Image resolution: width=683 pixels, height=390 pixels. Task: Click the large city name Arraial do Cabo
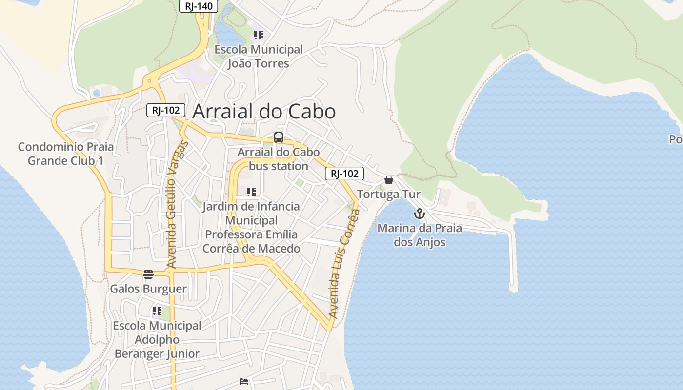point(264,112)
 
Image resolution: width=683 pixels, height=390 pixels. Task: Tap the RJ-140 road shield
point(198,6)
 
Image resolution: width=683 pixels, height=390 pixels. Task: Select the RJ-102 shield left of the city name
point(166,110)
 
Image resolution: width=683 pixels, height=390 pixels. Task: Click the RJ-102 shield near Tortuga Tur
point(344,174)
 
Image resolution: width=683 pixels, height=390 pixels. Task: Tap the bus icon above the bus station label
point(279,137)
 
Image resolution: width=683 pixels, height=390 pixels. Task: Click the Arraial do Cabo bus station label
point(279,159)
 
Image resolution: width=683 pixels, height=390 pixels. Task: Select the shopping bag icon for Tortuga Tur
point(389,180)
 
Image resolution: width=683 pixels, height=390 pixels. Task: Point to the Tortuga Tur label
point(389,195)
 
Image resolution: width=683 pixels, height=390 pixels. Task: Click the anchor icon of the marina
point(420,214)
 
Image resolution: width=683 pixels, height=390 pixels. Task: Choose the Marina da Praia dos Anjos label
point(420,235)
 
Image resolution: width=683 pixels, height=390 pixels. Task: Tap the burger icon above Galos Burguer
point(148,274)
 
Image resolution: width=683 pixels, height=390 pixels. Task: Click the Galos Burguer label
point(148,289)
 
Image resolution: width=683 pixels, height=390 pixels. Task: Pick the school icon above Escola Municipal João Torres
point(259,35)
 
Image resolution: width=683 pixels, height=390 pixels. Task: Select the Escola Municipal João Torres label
point(259,57)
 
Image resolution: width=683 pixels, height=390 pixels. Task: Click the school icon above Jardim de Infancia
point(251,192)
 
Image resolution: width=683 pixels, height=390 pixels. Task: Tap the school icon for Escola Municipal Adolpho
point(157,311)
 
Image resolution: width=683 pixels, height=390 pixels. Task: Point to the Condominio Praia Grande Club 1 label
point(65,154)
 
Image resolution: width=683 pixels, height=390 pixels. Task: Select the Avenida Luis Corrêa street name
point(344,263)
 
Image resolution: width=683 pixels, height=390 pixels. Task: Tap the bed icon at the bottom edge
point(244,382)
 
